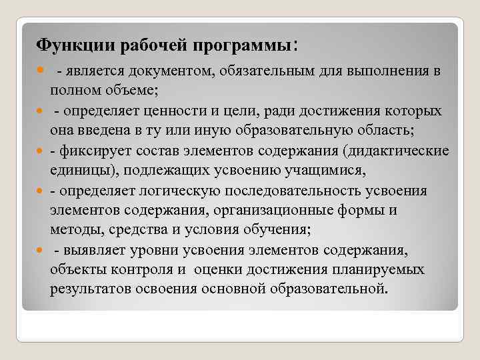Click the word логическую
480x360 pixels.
click(181, 191)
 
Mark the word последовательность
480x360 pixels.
click(293, 191)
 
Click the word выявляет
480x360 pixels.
click(92, 250)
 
